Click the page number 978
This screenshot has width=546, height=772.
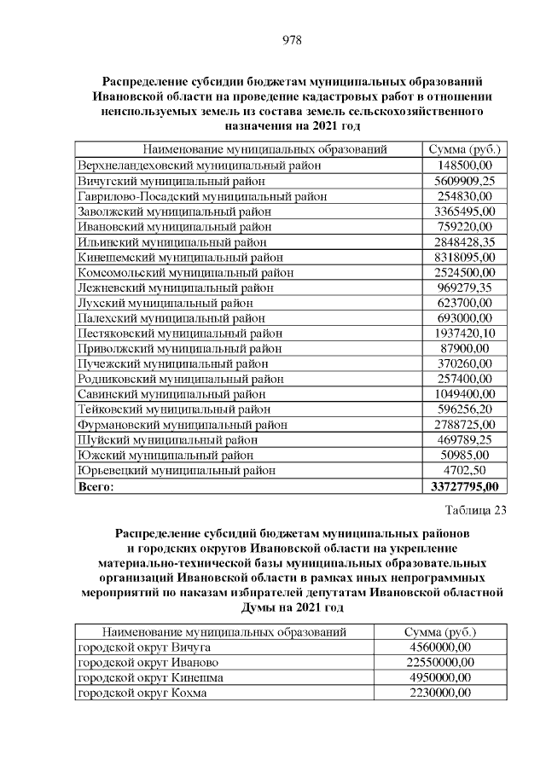pyautogui.click(x=292, y=40)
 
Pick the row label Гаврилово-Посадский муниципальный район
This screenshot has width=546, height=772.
pyautogui.click(x=202, y=196)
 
